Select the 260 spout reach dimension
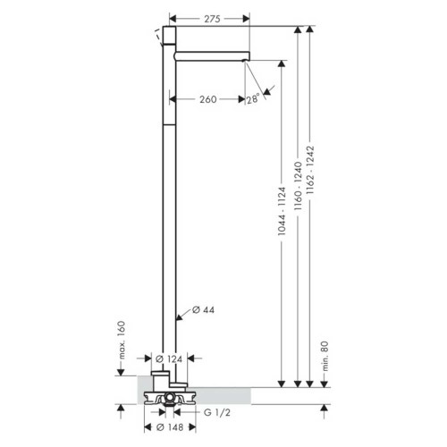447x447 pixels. click(x=209, y=99)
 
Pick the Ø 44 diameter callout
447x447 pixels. click(x=205, y=311)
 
